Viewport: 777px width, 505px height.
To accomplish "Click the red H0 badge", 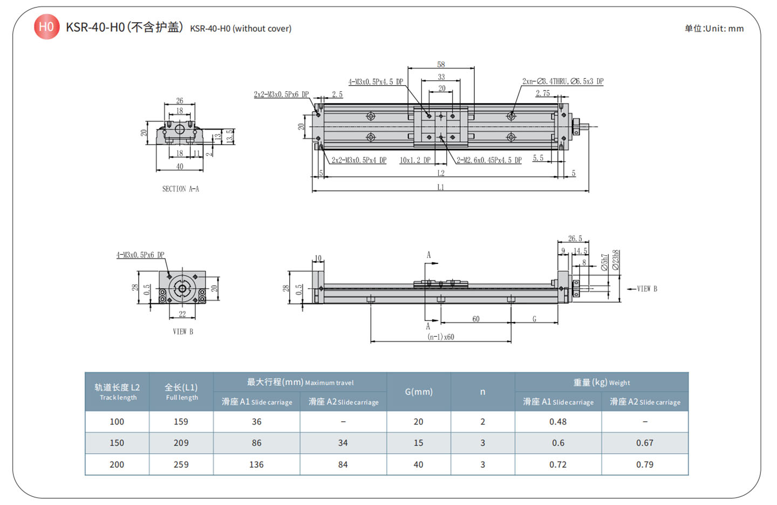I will tap(46, 26).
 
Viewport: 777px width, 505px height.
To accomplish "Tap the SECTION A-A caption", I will tap(181, 189).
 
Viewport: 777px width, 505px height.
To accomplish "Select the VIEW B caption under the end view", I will tap(183, 331).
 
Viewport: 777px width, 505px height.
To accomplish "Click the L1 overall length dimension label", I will tap(441, 187).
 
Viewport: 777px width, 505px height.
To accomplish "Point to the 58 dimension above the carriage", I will tap(441, 65).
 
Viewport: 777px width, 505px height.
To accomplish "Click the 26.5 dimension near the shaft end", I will tap(575, 238).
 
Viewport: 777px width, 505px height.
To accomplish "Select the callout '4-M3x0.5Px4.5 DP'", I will tap(376, 82).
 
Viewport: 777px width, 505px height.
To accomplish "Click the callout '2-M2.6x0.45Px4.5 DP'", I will tap(489, 160).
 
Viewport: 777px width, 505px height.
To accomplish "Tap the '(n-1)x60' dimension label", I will tap(441, 337).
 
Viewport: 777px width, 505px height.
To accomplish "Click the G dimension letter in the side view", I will tap(534, 319).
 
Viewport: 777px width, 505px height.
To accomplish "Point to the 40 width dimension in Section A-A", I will tap(180, 167).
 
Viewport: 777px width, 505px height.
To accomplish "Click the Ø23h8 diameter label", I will tap(616, 260).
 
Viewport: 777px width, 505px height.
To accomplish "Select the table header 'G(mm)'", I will tap(419, 392).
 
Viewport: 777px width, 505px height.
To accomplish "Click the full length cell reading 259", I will tap(181, 464).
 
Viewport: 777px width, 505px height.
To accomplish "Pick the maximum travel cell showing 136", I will tap(256, 464).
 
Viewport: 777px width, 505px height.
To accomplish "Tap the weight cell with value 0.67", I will tap(644, 442).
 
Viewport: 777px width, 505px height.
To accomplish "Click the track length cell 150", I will tap(117, 442).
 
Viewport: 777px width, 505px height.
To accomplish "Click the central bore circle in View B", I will tap(182, 289).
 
